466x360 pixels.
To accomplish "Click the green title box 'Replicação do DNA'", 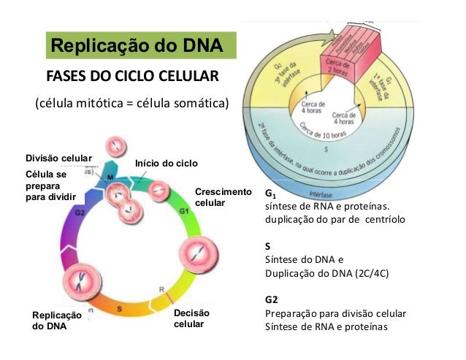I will [x=137, y=47].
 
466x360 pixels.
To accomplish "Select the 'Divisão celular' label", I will [x=58, y=158].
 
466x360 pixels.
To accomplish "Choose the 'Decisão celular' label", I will [x=191, y=318].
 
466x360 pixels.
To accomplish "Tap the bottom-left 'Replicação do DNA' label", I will [x=56, y=321].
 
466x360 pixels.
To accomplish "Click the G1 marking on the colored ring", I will [x=185, y=210].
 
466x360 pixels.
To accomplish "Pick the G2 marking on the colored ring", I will [x=80, y=211].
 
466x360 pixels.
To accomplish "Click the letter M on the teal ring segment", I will [x=110, y=177].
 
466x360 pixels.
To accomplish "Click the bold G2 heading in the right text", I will [x=272, y=299].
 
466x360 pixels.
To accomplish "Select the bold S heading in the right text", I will [x=267, y=246].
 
